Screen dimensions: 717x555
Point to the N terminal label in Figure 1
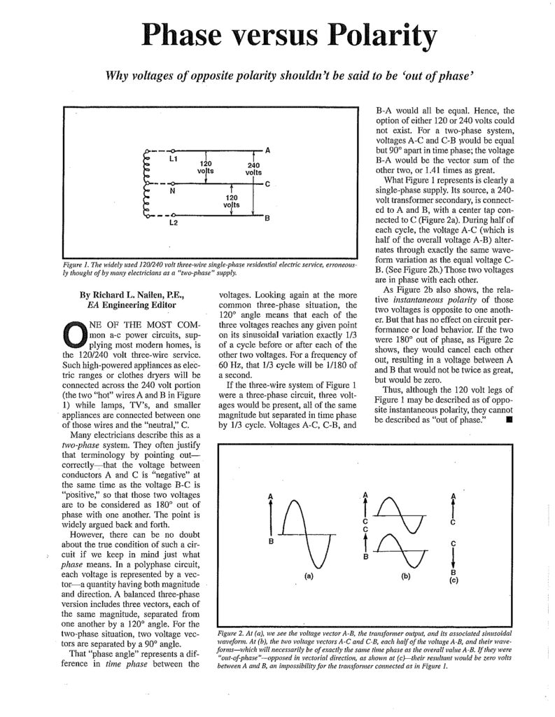click(172, 191)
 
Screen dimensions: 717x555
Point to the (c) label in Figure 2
click(454, 580)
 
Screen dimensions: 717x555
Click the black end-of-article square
click(507, 420)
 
